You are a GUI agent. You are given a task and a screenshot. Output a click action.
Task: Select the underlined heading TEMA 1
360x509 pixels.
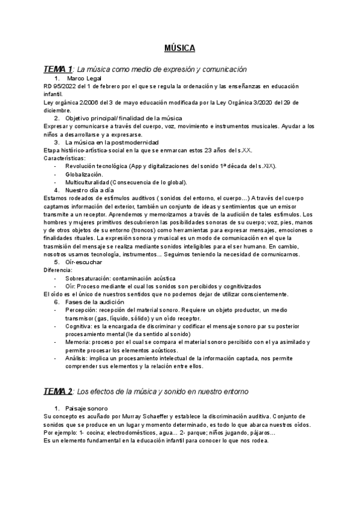point(58,70)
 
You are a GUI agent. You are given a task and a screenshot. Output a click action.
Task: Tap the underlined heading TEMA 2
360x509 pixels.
point(58,391)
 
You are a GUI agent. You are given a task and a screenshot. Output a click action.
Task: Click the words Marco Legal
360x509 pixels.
point(84,79)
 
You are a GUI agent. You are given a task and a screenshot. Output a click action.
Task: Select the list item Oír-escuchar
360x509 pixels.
point(83,245)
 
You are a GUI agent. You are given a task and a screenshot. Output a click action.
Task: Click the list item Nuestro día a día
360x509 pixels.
point(90,190)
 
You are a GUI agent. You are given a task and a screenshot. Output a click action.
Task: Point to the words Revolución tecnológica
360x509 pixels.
point(99,166)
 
